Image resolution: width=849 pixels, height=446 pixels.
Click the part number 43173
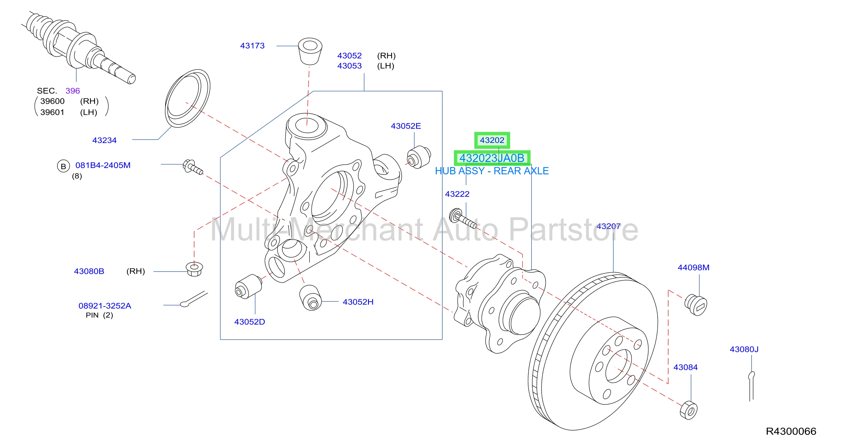point(252,46)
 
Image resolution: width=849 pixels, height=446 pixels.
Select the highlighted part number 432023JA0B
point(492,158)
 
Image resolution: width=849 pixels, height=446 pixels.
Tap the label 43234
point(105,140)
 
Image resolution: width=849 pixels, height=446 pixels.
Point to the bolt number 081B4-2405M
point(103,165)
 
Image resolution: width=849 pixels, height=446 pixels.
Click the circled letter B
point(63,166)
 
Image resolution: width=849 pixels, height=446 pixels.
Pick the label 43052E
point(406,126)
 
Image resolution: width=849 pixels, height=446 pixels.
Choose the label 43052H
point(358,302)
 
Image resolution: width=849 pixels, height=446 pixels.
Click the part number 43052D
point(249,322)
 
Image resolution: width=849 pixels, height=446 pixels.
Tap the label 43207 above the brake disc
point(608,227)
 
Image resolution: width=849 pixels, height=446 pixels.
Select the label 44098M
point(693,268)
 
